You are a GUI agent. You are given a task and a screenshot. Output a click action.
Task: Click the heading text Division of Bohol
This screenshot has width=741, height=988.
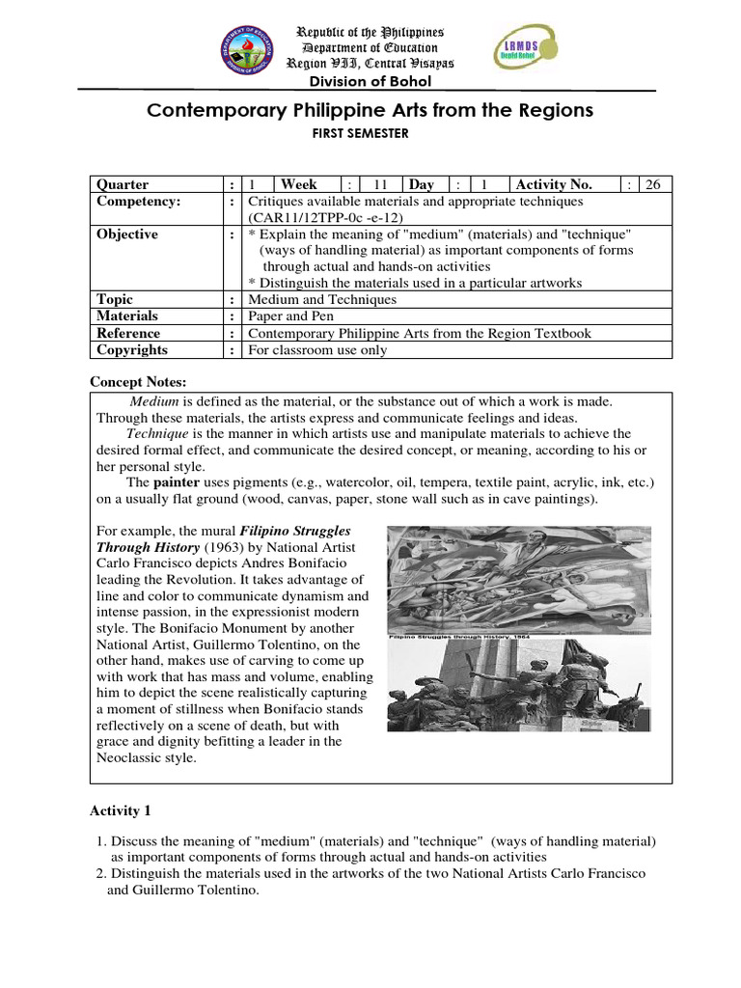coord(370,81)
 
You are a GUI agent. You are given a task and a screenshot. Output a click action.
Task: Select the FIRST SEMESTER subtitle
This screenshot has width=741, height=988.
coord(370,135)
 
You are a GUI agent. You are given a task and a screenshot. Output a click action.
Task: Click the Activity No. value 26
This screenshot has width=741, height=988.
coord(653,184)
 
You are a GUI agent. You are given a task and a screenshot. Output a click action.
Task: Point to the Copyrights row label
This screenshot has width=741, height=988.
coord(132,350)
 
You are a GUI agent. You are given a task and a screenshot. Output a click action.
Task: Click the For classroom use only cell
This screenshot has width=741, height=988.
coord(317,350)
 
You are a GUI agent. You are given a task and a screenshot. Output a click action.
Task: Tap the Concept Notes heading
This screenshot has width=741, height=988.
coord(138,382)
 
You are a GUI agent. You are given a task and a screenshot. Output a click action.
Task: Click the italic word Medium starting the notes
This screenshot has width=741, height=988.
coord(153,400)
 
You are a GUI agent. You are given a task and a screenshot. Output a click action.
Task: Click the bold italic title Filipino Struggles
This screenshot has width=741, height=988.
coord(294,532)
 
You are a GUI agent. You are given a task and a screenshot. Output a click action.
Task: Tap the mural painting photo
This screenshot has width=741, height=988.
coord(512,579)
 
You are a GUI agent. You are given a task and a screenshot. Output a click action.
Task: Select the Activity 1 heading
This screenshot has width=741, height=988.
coord(121,810)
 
